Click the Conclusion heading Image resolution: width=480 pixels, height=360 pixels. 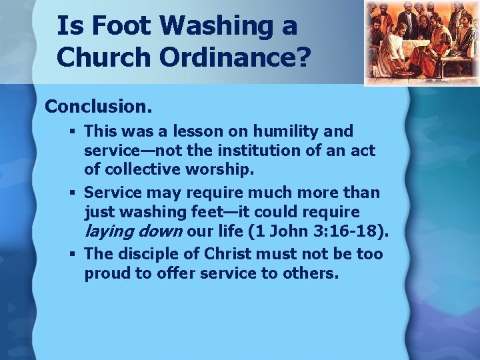click(98, 106)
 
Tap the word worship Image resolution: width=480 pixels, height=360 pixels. click(223, 169)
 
